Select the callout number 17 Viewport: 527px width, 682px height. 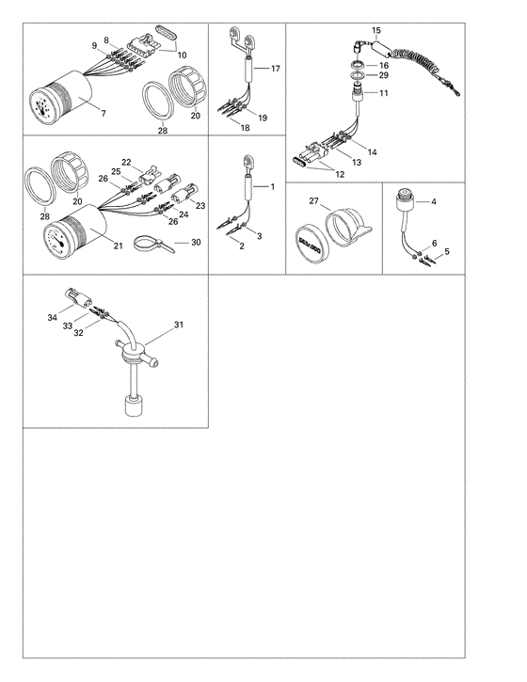[276, 70]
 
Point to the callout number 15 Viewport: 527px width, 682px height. [376, 31]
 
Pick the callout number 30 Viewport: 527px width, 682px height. [196, 243]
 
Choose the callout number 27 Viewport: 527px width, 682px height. [314, 200]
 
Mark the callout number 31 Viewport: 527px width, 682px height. [179, 325]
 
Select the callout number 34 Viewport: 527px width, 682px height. [54, 320]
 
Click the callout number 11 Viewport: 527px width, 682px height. [383, 94]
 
